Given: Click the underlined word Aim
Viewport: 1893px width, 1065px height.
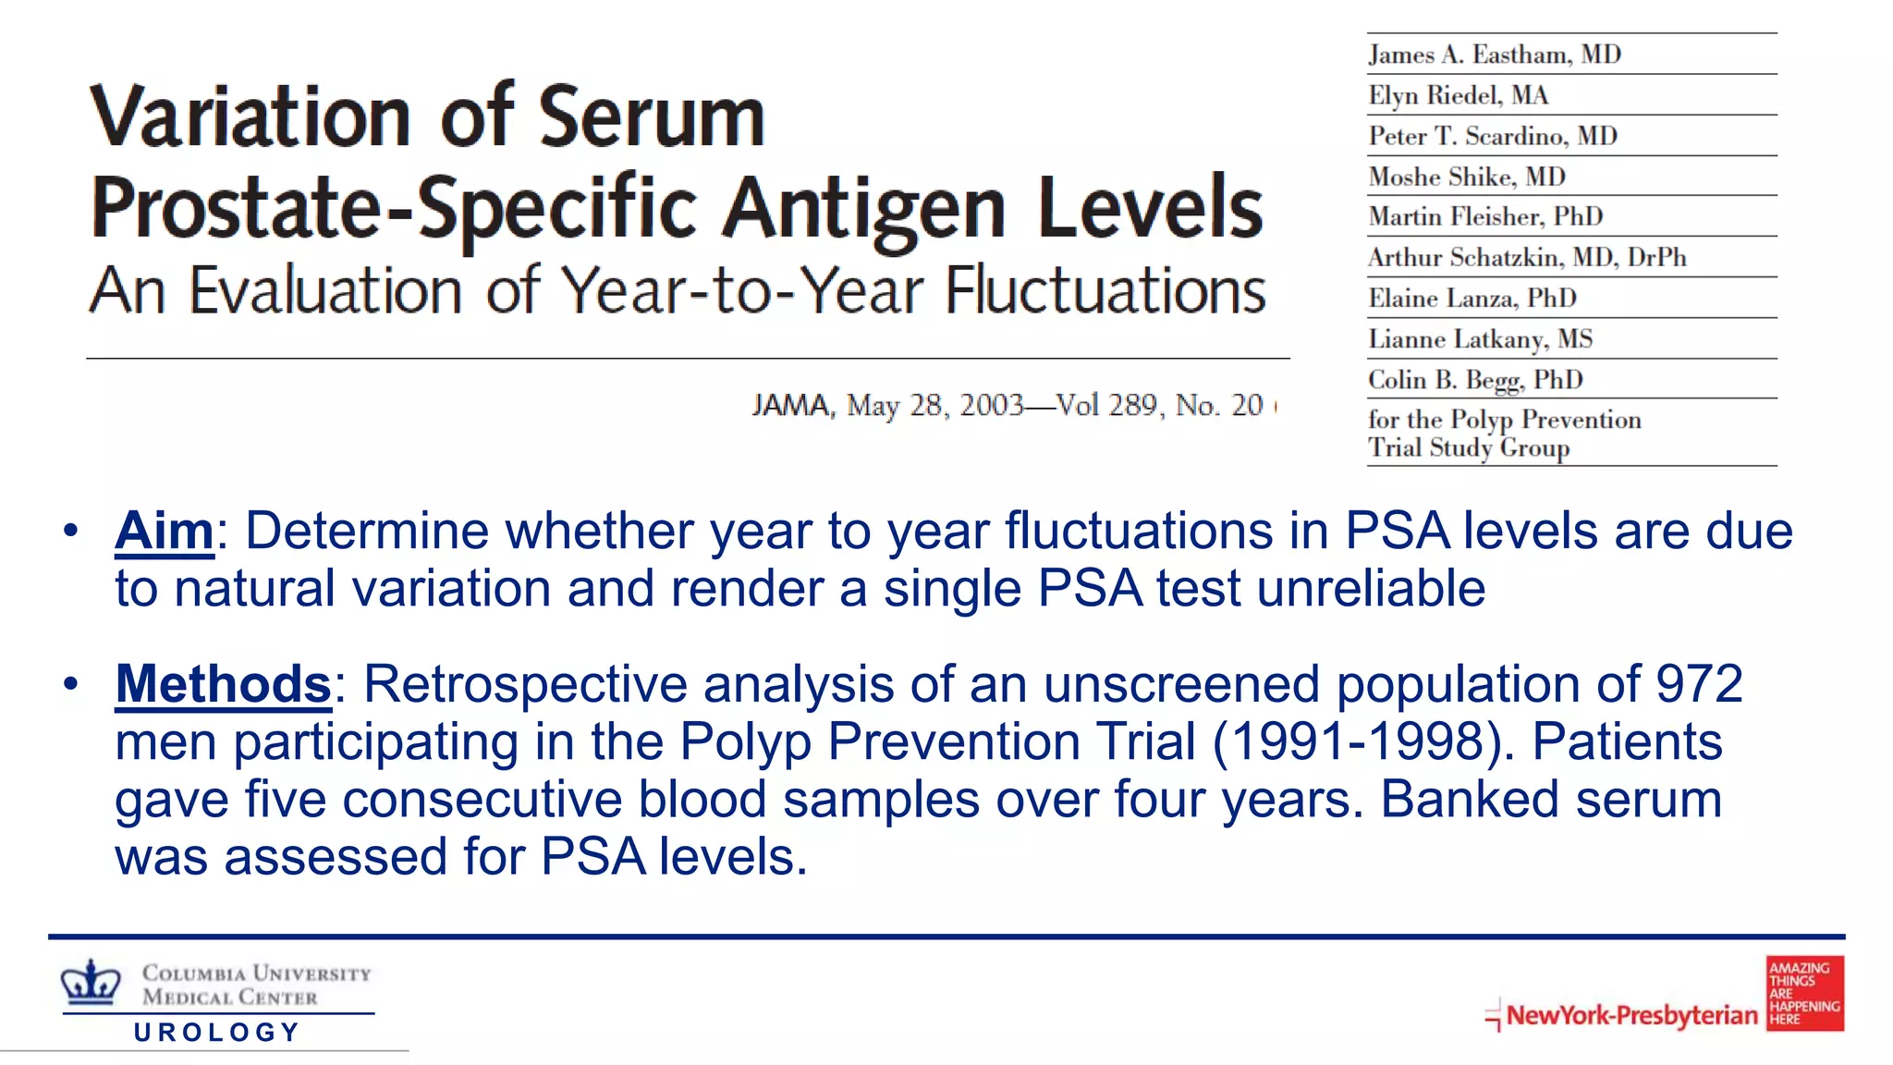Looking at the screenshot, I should point(164,532).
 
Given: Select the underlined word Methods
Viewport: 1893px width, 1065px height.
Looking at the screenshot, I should point(223,685).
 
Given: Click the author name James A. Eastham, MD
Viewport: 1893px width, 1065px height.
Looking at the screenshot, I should point(1495,55).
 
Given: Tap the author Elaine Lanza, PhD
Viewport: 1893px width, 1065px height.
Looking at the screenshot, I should point(1472,299).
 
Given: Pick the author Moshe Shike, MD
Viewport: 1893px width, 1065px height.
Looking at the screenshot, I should point(1467,177).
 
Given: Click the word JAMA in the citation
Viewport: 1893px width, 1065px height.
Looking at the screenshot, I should point(791,405).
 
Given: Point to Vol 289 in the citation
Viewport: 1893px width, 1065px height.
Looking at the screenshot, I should point(1106,405).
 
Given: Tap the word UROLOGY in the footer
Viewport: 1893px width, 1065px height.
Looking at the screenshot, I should point(217,1032).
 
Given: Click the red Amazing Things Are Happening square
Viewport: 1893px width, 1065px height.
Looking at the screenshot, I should point(1804,993).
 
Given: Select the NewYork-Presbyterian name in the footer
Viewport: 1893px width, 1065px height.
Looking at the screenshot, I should point(1631,1015).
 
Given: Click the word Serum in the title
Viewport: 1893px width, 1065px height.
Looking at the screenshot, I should point(652,117).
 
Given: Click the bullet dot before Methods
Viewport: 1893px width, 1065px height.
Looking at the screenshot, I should point(71,685).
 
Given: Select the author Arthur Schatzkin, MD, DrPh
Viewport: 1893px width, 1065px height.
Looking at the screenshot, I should point(1527,257).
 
